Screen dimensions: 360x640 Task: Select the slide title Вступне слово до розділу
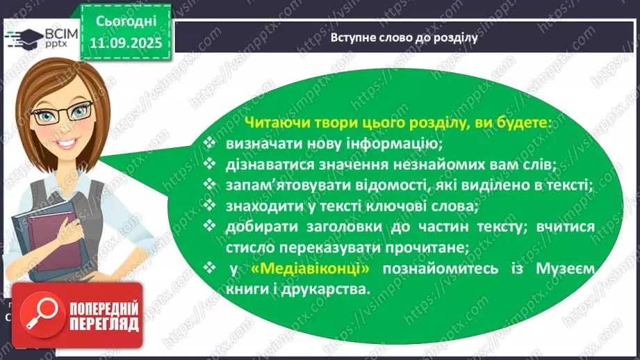point(404,38)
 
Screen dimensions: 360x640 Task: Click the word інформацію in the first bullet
point(398,145)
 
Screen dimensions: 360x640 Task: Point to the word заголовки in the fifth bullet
point(324,227)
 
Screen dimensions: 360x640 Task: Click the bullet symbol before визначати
point(211,145)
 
